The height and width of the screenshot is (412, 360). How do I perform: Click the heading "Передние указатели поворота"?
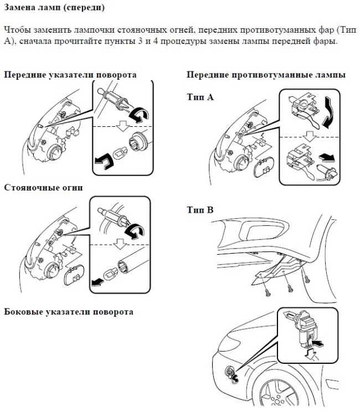point(70,75)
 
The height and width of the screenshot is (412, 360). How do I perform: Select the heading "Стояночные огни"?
point(44,188)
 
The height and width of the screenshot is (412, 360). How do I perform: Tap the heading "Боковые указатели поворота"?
point(69,312)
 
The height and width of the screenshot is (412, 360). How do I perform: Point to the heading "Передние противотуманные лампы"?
point(266,75)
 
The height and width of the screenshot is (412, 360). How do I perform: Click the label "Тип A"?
point(199,97)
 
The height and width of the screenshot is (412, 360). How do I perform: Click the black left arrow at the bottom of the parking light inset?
point(99,280)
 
